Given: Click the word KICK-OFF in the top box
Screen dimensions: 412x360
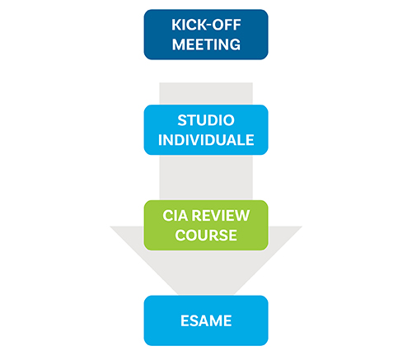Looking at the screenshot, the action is [206, 25].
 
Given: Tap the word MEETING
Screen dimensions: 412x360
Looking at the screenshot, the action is [206, 44].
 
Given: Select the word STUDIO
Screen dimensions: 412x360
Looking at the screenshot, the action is [206, 120].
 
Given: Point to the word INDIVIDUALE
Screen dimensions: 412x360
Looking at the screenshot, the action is [206, 140].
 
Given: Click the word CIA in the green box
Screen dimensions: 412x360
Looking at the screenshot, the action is [176, 216].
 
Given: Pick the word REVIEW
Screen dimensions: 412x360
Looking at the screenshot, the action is [221, 216].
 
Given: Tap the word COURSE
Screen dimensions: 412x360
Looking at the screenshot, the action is [206, 236].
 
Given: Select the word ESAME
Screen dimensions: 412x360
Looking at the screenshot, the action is [206, 320].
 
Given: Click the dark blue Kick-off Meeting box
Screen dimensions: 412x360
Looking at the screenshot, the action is [206, 35].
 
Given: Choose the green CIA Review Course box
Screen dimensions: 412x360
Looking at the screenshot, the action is [206, 225].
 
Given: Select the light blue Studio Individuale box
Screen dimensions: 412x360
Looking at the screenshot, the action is [206, 130].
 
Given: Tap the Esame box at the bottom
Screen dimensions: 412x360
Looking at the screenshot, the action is [206, 320].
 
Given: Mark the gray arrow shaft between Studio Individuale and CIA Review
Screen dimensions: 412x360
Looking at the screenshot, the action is [206, 177].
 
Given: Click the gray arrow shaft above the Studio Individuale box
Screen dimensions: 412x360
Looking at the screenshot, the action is [206, 94].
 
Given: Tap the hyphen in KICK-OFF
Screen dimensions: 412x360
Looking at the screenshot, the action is [208, 26].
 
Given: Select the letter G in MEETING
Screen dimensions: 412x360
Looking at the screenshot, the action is [235, 44].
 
